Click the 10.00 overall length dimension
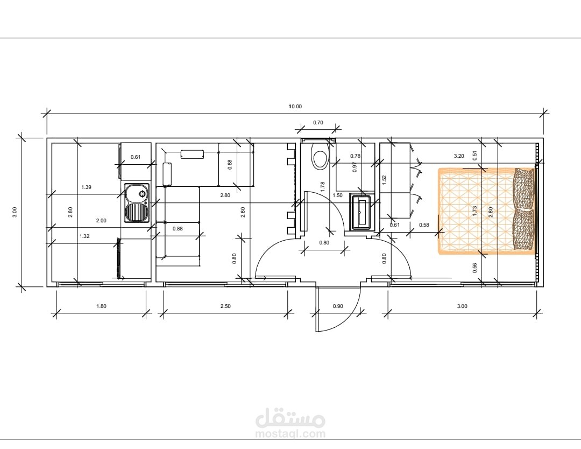pyautogui.click(x=295, y=107)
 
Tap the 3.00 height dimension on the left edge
pyautogui.click(x=15, y=212)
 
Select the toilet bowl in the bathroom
pyautogui.click(x=320, y=156)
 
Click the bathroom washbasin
pyautogui.click(x=360, y=212)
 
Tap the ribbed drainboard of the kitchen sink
pyautogui.click(x=137, y=213)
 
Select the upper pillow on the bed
pyautogui.click(x=524, y=188)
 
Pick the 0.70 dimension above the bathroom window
pyautogui.click(x=318, y=122)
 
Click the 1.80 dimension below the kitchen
pyautogui.click(x=101, y=306)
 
